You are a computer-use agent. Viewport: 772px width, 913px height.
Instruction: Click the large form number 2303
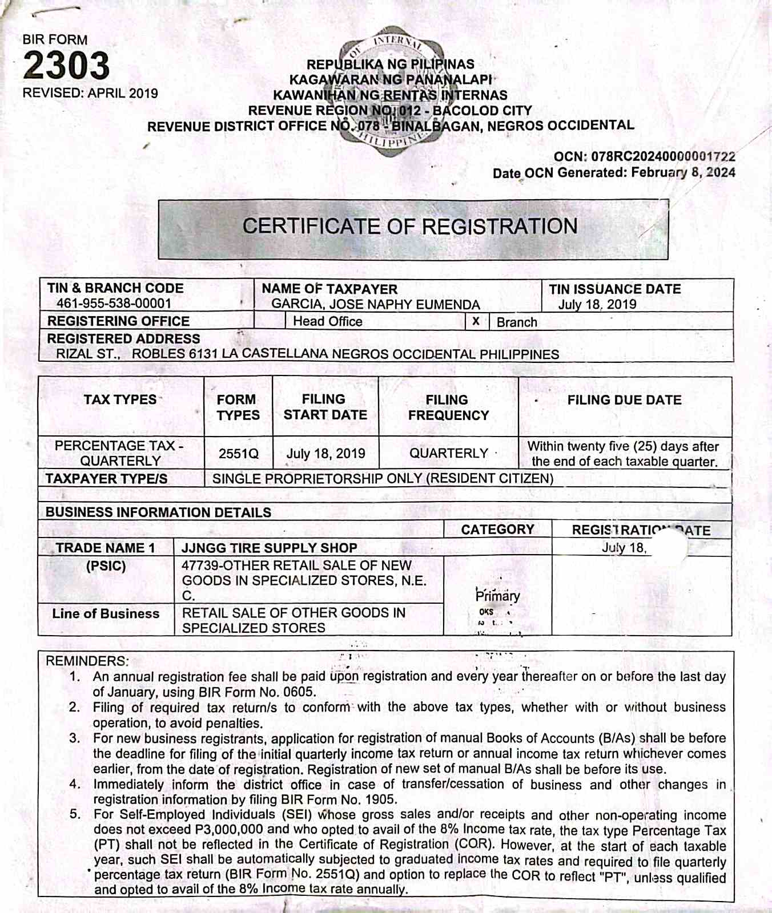[x=66, y=65]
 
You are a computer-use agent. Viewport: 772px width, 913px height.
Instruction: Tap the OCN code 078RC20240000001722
[x=663, y=156]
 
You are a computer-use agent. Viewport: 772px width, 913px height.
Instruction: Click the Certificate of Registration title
[x=410, y=227]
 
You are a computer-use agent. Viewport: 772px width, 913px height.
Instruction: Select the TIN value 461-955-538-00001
[x=114, y=304]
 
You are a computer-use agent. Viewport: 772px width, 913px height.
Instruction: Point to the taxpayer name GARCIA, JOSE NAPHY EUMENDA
[x=375, y=304]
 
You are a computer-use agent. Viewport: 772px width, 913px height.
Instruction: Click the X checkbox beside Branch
[x=476, y=321]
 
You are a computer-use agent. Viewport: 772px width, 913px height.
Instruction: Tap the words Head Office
[x=327, y=321]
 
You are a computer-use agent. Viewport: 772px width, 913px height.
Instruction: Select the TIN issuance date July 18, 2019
[x=597, y=304]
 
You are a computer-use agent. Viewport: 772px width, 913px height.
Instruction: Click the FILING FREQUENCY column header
[x=448, y=407]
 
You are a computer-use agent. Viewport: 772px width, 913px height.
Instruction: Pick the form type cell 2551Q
[x=238, y=454]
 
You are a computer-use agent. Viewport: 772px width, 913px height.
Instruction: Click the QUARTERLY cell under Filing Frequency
[x=448, y=453]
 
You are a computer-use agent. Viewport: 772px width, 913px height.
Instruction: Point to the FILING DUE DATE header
[x=624, y=400]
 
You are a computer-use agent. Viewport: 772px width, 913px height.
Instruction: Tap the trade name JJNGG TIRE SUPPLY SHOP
[x=269, y=548]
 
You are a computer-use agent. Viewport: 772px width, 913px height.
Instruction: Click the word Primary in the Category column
[x=497, y=596]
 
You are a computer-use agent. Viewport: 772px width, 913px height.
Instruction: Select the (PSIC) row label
[x=106, y=566]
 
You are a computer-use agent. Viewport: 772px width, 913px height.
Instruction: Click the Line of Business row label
[x=106, y=613]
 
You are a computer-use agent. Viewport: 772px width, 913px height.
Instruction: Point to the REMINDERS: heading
[x=87, y=661]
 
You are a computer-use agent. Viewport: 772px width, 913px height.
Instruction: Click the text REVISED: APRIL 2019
[x=90, y=93]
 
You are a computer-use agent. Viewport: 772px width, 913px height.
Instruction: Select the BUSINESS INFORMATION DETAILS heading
[x=158, y=512]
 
